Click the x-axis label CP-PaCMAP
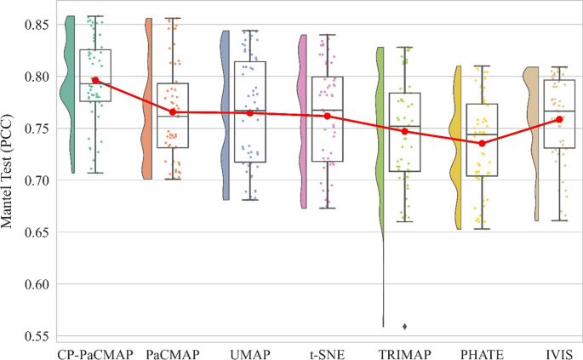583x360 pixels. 95,352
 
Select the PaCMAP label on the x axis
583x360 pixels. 173,352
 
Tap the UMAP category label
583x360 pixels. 250,352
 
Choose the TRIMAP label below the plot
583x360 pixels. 404,352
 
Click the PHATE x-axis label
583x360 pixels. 482,352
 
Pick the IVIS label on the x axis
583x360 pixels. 559,352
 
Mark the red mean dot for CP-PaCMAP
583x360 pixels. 95,80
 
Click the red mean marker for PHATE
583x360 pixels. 482,143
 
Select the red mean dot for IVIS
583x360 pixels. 559,119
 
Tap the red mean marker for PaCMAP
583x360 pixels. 173,111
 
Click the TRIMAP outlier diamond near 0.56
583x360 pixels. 404,326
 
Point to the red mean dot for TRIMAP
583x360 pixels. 404,131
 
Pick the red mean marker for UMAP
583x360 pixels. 250,113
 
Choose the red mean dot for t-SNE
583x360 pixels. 328,116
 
